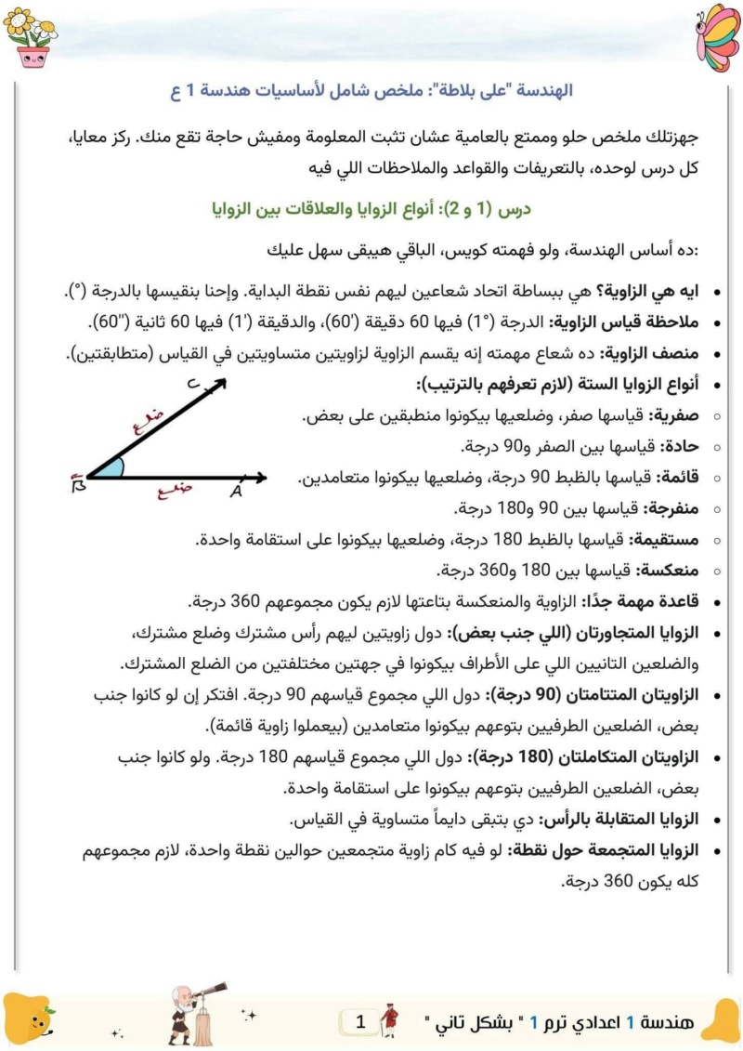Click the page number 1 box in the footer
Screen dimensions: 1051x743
[x=360, y=1022]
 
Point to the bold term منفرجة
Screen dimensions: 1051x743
[x=671, y=508]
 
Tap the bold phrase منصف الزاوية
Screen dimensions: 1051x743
[x=658, y=354]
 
